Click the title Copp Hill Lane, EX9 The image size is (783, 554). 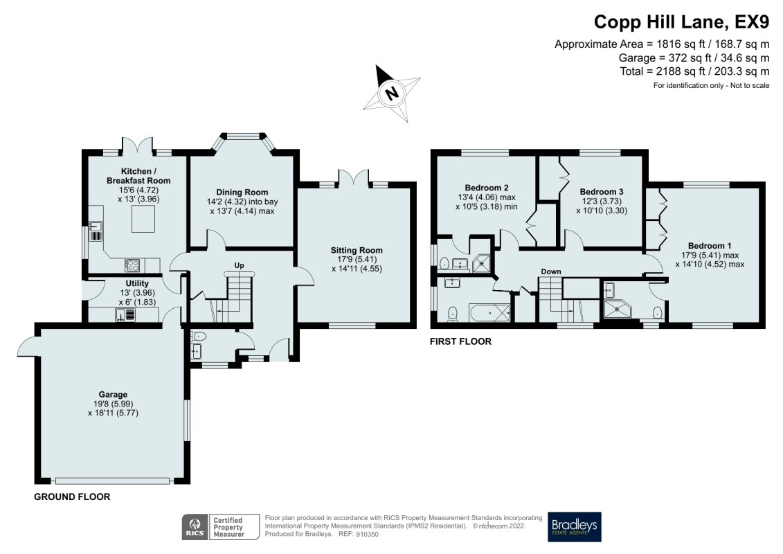[x=681, y=22]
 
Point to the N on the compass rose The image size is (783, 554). [x=393, y=93]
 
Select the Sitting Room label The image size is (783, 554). [x=356, y=250]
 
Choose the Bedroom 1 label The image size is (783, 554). [x=709, y=245]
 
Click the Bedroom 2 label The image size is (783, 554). [x=487, y=188]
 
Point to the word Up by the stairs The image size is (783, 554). [x=239, y=265]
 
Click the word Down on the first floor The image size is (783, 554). [x=551, y=271]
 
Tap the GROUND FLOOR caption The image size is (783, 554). [x=72, y=497]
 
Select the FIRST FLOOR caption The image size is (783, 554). [x=460, y=341]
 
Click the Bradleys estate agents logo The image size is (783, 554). [x=574, y=527]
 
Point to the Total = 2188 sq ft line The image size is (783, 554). [x=694, y=71]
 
